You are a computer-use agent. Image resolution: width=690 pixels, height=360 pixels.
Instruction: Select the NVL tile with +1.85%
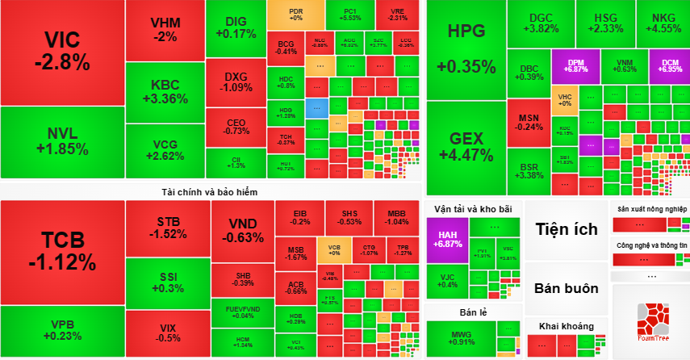(62, 141)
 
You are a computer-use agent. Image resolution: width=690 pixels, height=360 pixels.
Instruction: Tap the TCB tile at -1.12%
(62, 251)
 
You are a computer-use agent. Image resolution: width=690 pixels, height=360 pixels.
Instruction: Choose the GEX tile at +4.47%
(466, 145)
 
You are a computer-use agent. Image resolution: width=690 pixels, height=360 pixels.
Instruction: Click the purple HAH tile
(446, 238)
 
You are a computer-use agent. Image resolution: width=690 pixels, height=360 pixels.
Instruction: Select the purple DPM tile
(575, 65)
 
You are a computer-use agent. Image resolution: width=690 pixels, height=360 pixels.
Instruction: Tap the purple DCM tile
(670, 65)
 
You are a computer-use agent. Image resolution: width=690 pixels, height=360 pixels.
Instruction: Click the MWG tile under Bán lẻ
(459, 337)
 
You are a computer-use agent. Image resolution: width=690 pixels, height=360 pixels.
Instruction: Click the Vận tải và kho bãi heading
(473, 208)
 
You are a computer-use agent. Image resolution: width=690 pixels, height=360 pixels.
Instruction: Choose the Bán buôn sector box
(566, 288)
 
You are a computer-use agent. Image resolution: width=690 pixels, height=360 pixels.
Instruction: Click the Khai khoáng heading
(566, 325)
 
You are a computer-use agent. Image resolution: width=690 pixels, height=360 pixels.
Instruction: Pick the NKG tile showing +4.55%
(663, 23)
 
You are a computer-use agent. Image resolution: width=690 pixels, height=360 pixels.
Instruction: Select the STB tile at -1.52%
(168, 228)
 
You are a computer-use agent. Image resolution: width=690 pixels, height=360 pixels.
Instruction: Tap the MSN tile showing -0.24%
(529, 121)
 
